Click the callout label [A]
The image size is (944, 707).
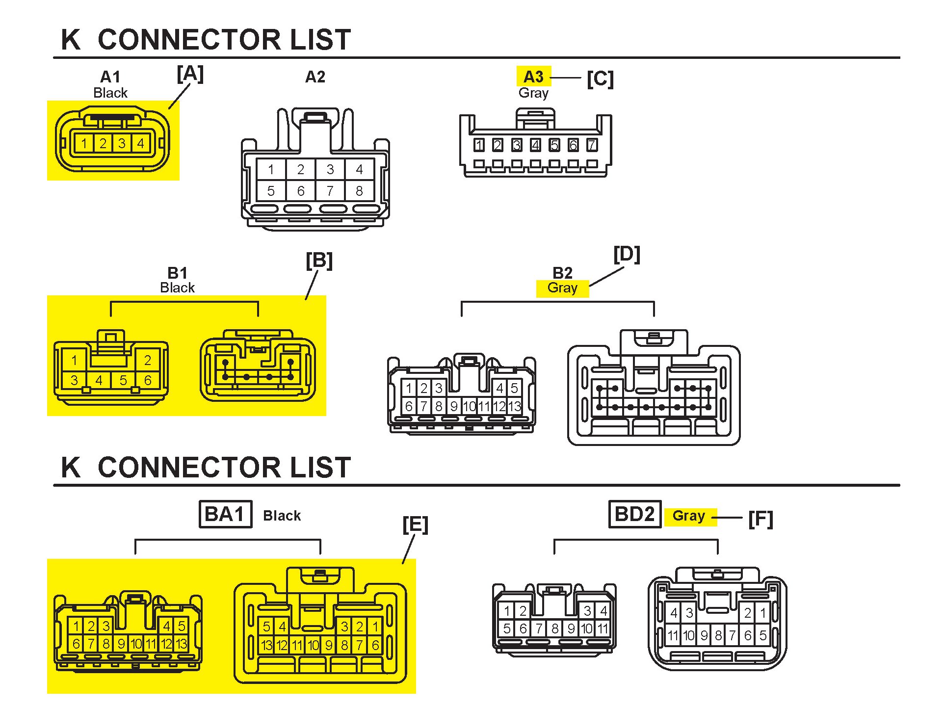[x=190, y=75]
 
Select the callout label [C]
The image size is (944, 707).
[x=600, y=79]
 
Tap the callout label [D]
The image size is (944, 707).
[x=627, y=255]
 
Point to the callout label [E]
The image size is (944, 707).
[x=415, y=525]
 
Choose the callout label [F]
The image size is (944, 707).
[x=760, y=519]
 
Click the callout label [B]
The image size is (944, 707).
[x=319, y=261]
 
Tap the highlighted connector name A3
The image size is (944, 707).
[x=533, y=77]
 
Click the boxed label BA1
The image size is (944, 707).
[x=225, y=514]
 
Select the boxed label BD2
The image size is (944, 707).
[x=634, y=514]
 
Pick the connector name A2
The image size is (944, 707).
[x=315, y=77]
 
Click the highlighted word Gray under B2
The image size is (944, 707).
[x=562, y=288]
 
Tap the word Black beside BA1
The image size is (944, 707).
[x=282, y=516]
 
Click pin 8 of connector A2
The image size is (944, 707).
[x=359, y=191]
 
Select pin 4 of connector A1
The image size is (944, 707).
[x=141, y=143]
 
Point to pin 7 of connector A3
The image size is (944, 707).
[x=592, y=145]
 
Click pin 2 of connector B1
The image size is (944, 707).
[x=148, y=360]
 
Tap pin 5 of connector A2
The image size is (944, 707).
[x=271, y=191]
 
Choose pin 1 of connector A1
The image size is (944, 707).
[x=84, y=143]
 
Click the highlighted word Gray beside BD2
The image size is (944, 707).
[x=688, y=516]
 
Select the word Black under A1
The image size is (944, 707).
[x=110, y=93]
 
